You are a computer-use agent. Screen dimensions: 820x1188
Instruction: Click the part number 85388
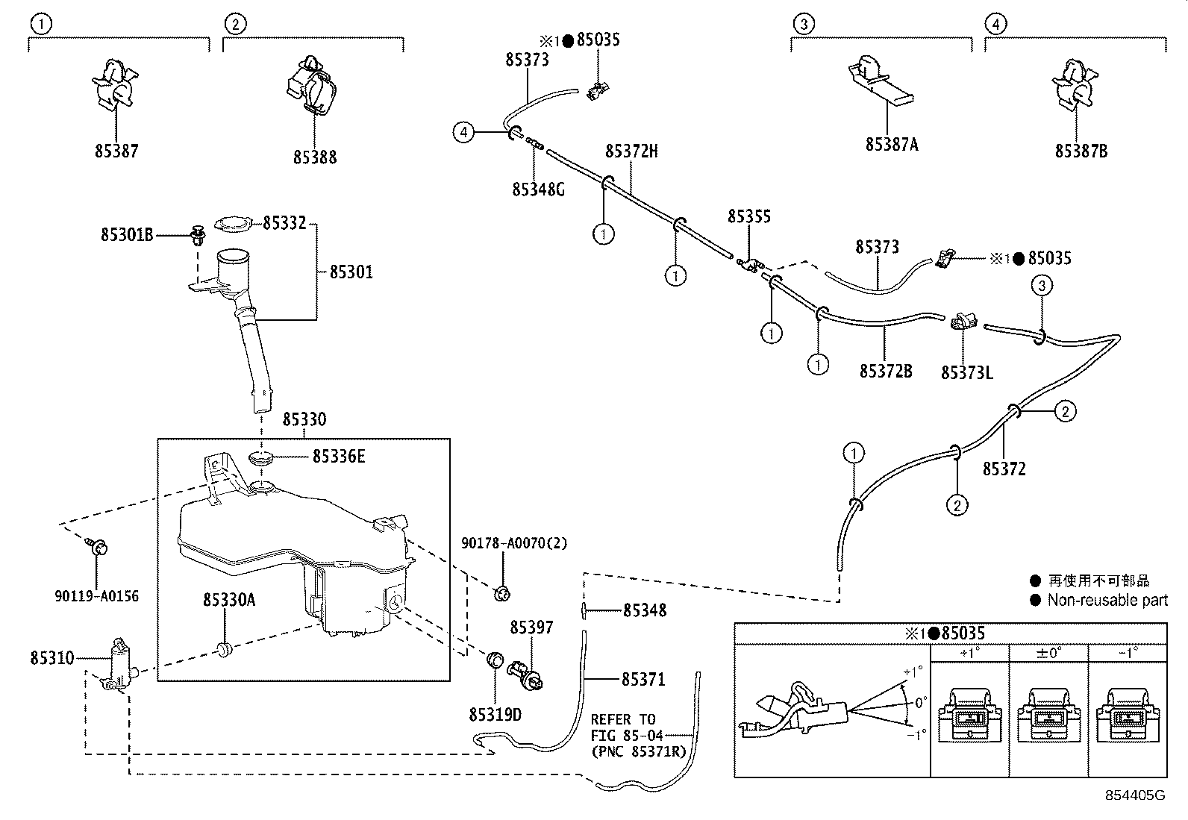click(x=314, y=157)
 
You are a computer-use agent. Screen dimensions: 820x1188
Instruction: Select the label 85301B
click(x=127, y=235)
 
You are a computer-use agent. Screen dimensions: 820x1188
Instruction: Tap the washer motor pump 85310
click(x=116, y=663)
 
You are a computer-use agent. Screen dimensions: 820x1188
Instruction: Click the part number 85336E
click(x=338, y=456)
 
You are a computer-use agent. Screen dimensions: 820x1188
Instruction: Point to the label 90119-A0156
click(x=96, y=596)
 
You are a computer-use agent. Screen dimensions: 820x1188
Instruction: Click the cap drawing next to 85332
click(x=234, y=223)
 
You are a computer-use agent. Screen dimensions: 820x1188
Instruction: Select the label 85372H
click(x=631, y=151)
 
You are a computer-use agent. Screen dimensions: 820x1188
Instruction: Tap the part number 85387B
click(x=1081, y=151)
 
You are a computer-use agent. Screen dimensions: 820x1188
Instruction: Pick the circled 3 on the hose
click(x=1042, y=285)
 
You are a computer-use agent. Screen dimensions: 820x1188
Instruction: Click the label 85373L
click(x=966, y=372)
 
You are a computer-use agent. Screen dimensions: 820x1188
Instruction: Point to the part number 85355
click(x=748, y=216)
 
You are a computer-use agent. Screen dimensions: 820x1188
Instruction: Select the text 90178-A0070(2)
click(x=513, y=543)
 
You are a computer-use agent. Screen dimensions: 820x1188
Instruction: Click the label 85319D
click(x=495, y=714)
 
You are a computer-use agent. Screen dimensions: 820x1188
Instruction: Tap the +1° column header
click(x=969, y=653)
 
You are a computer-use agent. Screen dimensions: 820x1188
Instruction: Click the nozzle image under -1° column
click(x=1126, y=715)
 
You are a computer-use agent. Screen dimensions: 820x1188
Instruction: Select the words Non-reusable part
click(x=1107, y=601)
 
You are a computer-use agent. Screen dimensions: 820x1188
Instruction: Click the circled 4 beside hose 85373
click(x=464, y=133)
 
